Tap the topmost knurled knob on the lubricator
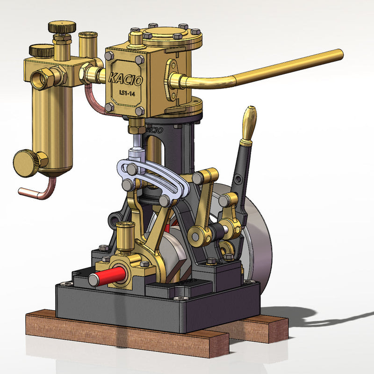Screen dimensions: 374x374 (x=62, y=27)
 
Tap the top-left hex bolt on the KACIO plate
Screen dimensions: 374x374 (x=109, y=56)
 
